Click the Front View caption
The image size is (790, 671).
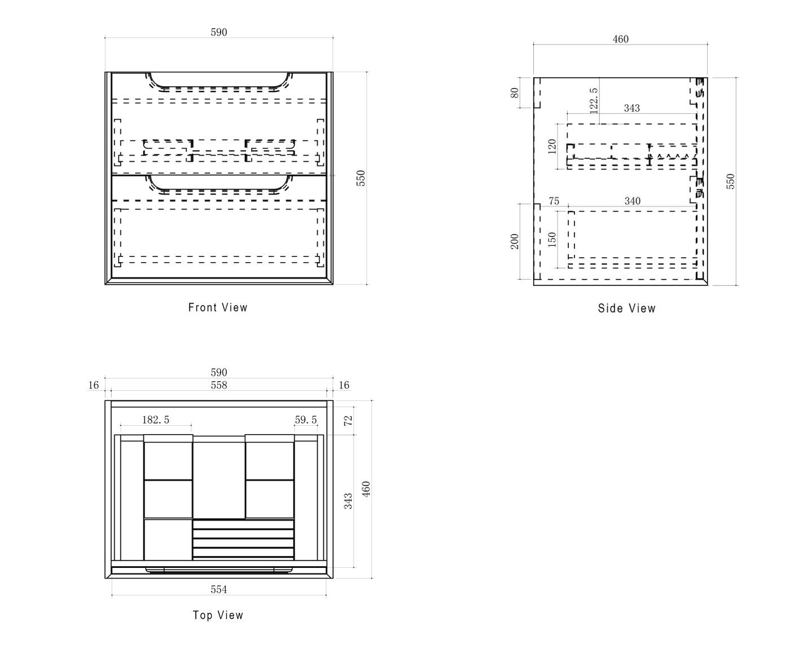click(218, 307)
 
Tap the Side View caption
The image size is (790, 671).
click(627, 308)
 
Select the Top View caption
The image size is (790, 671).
click(218, 615)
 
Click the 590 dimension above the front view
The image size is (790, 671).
click(219, 33)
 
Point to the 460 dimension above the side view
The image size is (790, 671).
click(620, 39)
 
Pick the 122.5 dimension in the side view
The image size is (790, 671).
click(593, 100)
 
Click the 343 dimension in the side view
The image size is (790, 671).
click(632, 108)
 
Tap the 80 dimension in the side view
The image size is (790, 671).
click(515, 92)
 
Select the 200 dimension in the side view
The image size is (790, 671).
click(515, 241)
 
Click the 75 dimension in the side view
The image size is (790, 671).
click(554, 201)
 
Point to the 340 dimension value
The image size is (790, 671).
click(632, 201)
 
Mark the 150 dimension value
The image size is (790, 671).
click(552, 239)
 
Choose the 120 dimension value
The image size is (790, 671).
click(552, 147)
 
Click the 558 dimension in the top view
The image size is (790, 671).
click(219, 385)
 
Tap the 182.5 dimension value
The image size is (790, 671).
click(156, 420)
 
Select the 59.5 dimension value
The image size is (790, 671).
click(306, 420)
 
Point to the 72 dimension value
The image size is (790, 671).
click(348, 420)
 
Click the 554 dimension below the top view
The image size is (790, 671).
click(219, 589)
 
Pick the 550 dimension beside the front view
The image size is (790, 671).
click(361, 178)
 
